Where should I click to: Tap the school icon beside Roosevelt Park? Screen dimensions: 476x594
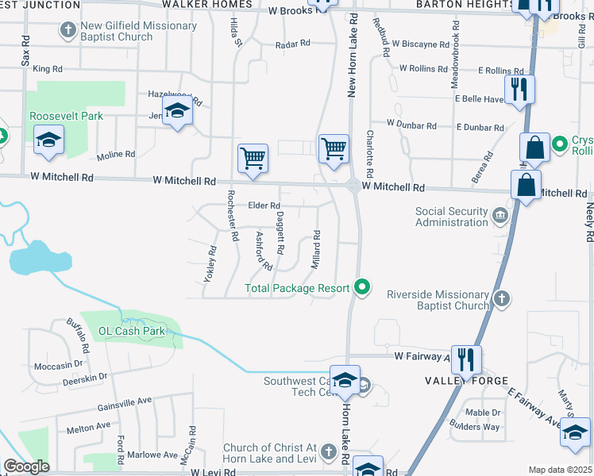click(x=48, y=141)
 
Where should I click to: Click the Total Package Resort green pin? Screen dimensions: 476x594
click(x=363, y=287)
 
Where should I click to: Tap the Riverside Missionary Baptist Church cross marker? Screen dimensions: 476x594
click(x=501, y=299)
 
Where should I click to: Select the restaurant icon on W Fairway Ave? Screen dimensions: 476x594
click(x=465, y=359)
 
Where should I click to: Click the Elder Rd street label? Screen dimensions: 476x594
click(x=264, y=206)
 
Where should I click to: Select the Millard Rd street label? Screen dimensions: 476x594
click(x=316, y=249)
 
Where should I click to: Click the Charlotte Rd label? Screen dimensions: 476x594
click(x=369, y=154)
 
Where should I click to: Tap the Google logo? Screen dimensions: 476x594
click(x=27, y=466)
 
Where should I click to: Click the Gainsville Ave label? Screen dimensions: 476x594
click(x=124, y=401)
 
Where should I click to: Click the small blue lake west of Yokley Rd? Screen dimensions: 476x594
click(x=40, y=258)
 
